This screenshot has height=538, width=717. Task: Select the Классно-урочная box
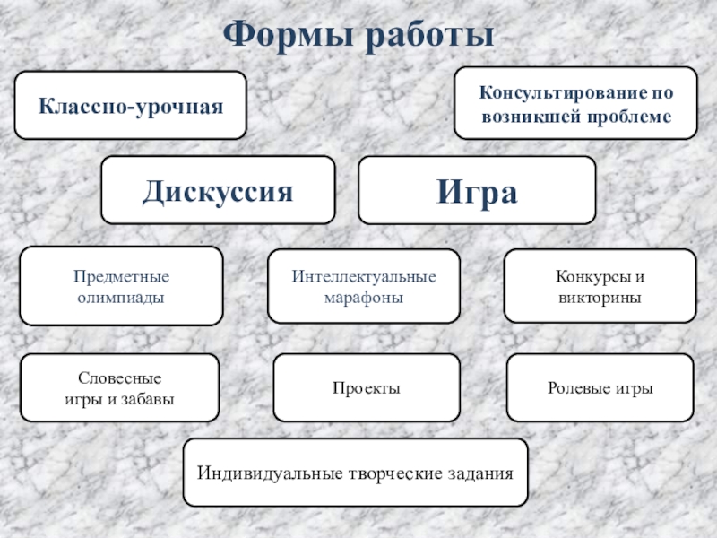[130, 106]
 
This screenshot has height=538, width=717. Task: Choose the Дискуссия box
[218, 190]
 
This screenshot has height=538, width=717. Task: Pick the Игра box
[477, 190]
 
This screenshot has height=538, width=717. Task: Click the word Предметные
[122, 276]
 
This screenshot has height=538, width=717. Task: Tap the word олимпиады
[122, 296]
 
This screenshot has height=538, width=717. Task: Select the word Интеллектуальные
[364, 276]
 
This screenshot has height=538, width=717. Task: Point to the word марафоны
[364, 296]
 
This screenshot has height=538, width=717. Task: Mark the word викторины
[600, 296]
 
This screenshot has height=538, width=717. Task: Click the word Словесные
[120, 378]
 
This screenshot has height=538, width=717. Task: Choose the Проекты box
[366, 388]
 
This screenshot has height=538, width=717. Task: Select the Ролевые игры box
[600, 388]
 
